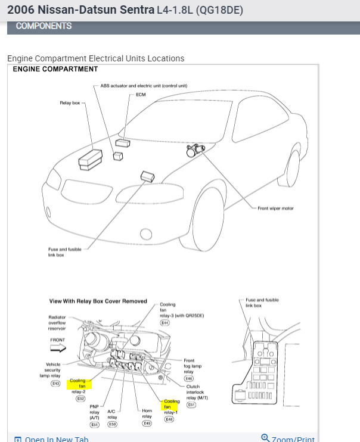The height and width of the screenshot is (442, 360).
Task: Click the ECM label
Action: pos(141,94)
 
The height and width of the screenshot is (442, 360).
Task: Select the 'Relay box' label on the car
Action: pos(70,103)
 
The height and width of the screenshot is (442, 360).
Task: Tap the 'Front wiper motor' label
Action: pos(275,208)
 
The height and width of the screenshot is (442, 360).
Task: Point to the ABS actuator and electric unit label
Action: pos(144,86)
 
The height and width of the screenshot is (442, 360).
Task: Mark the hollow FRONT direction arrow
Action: pos(58,348)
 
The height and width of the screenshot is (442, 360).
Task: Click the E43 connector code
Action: pos(55,383)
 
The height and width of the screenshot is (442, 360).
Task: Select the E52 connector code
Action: pos(80,399)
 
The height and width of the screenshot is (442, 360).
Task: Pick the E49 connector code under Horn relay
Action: pos(147,424)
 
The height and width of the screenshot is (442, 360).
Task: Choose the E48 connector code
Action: pos(169,419)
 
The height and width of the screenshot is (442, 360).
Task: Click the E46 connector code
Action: pos(188,378)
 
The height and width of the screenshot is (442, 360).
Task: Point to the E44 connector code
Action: pos(165,322)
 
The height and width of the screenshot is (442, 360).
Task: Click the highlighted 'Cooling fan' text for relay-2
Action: pos(78,383)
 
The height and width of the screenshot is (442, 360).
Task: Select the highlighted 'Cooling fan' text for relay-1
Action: pos(171,404)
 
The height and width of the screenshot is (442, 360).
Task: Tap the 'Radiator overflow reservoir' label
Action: pos(57,322)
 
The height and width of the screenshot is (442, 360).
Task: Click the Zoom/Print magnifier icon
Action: pos(265,438)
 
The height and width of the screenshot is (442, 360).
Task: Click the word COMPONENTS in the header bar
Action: pos(44,26)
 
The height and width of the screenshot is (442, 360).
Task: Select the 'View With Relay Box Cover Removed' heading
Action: pos(98,301)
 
